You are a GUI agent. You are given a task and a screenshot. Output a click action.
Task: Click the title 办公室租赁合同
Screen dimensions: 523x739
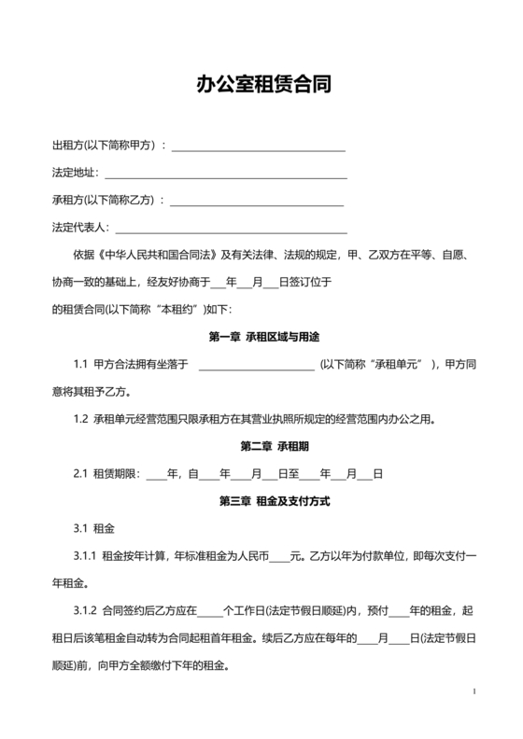pyautogui.click(x=261, y=85)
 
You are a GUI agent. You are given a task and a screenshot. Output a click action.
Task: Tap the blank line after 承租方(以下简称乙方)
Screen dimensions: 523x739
pyautogui.click(x=257, y=201)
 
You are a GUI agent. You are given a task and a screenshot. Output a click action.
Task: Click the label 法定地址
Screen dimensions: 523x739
pyautogui.click(x=75, y=174)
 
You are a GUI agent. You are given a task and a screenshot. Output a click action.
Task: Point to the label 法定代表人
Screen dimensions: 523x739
pyautogui.click(x=80, y=228)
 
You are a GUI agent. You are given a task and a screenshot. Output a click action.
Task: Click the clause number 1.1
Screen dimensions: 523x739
pyautogui.click(x=80, y=364)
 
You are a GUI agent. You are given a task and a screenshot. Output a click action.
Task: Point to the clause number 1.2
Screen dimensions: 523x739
pyautogui.click(x=80, y=419)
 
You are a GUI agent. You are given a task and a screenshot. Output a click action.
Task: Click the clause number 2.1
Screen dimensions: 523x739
pyautogui.click(x=80, y=474)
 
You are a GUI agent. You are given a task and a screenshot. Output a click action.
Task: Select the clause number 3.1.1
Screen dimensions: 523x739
pyautogui.click(x=85, y=556)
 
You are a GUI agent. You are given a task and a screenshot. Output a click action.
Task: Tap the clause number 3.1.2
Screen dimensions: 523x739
pyautogui.click(x=85, y=611)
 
